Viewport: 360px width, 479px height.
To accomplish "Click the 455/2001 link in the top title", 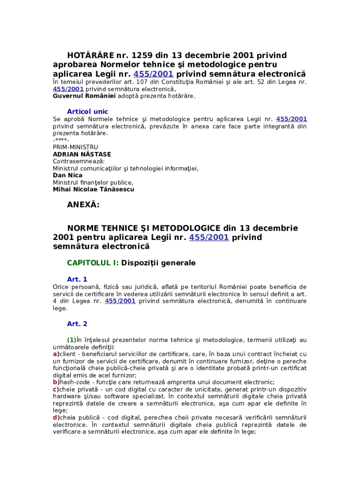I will [x=153, y=74].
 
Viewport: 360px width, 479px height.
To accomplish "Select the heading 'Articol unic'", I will [x=87, y=112].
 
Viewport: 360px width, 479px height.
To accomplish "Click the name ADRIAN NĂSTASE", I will [x=82, y=154].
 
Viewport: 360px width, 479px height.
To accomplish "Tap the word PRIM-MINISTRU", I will [x=75, y=147].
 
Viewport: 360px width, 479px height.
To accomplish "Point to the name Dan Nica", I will [x=67, y=175].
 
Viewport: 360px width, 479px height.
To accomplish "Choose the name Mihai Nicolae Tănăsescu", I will [x=93, y=189].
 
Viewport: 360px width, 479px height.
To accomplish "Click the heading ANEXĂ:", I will [x=83, y=204].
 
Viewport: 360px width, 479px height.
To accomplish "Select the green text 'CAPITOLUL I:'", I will [x=93, y=263].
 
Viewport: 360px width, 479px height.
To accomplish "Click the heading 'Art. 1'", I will [x=77, y=279].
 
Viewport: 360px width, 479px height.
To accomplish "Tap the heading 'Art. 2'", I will [x=77, y=324].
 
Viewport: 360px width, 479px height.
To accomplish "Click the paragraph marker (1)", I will [x=72, y=340].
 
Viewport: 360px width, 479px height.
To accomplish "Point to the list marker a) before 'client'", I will [x=56, y=354].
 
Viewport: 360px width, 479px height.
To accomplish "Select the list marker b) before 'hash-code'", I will [x=56, y=382].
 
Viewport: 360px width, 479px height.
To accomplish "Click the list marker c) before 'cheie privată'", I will [x=56, y=389].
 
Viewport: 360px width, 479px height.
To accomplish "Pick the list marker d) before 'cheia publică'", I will [x=56, y=417].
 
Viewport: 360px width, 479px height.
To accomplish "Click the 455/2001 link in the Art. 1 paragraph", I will [x=120, y=301].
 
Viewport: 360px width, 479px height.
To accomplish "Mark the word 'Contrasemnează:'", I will [x=79, y=161].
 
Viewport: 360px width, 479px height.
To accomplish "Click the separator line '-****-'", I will [x=61, y=140].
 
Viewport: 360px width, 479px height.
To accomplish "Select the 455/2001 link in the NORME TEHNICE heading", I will [x=209, y=237].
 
